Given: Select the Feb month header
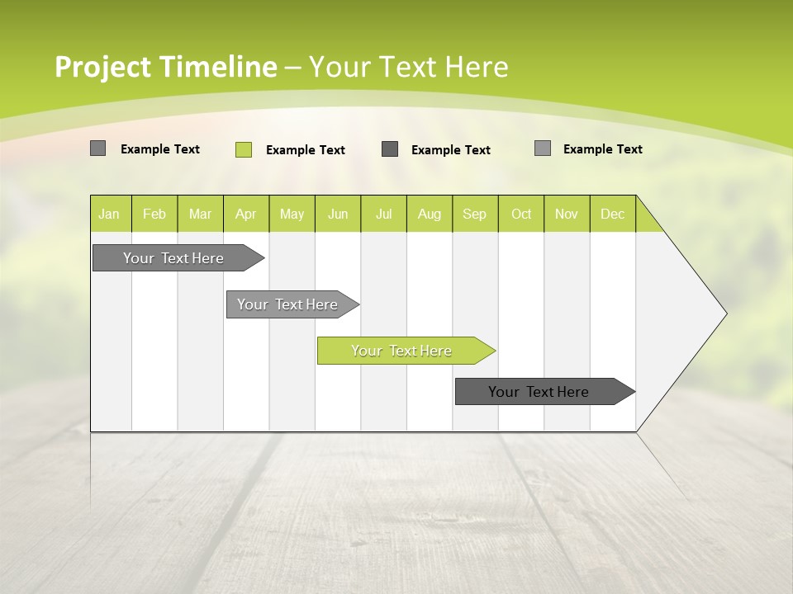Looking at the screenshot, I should coord(154,214).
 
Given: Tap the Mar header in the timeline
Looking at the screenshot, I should coord(200,214).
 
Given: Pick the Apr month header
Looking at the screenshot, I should coord(246,214).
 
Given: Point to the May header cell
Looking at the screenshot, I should coord(292,214).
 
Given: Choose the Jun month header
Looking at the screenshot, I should coord(338,214).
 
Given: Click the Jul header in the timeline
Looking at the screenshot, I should coord(383,214).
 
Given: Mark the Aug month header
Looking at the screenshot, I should coord(430,214).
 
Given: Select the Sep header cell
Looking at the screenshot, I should coord(475,214).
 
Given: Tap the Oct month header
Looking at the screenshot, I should coord(521,214).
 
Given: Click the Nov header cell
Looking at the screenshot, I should coord(567,214).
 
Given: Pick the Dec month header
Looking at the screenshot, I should coord(613,214).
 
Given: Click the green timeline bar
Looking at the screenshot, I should coord(402,351).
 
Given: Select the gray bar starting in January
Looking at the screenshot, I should coord(173,258).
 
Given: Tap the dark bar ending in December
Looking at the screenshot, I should coord(539,392).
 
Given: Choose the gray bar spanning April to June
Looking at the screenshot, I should coord(288,304).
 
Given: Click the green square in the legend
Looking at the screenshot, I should coord(244,149).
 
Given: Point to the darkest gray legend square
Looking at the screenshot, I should coord(390,149).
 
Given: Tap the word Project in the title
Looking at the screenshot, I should coord(102,67).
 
